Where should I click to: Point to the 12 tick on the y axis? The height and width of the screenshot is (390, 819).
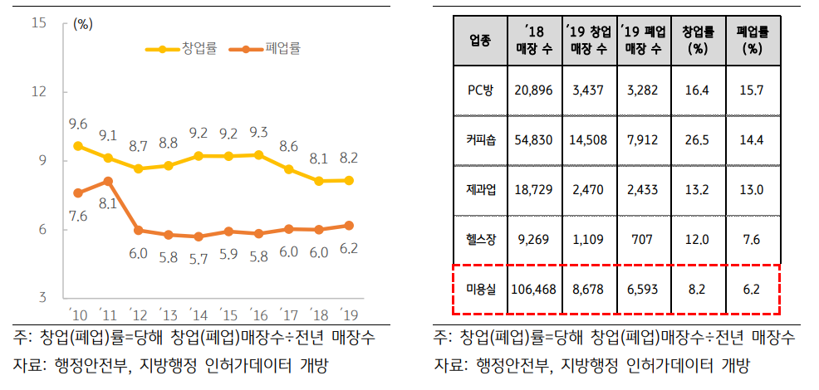point(38,91)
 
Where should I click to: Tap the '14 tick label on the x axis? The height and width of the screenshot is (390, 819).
point(198,314)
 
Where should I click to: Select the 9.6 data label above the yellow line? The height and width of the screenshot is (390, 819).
point(78,124)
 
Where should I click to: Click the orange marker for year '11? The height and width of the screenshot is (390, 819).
point(108,181)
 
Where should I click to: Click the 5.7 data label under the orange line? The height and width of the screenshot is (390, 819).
point(198,258)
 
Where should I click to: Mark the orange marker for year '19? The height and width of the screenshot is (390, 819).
point(348,225)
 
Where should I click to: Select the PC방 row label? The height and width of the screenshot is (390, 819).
point(480,90)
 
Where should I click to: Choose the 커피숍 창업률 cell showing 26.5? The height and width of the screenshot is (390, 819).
point(699,139)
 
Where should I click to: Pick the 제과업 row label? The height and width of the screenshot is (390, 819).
point(480,190)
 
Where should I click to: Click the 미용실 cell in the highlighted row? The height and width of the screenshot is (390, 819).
point(480,290)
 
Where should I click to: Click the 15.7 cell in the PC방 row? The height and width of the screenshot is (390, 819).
point(753,90)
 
